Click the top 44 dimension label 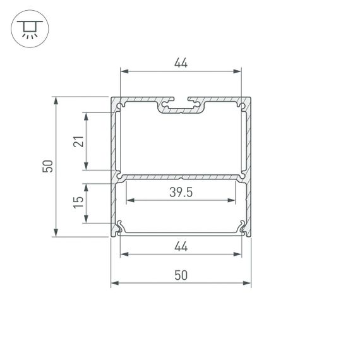tap(181, 63)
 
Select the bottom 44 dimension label tap(181, 247)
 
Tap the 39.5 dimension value tap(181, 193)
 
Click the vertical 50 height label tap(47, 167)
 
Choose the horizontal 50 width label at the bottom tap(181, 275)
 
